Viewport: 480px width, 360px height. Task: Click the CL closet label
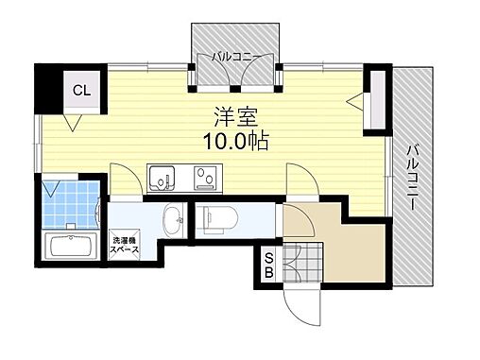(81, 91)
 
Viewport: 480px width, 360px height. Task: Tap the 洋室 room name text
(236, 117)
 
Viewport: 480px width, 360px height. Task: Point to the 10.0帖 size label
(236, 141)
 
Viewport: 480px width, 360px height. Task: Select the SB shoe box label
(268, 266)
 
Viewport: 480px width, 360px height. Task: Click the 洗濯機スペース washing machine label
(124, 246)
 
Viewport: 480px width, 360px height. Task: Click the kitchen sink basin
(162, 179)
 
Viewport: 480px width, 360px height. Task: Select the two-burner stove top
(205, 178)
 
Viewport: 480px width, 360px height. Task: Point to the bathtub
(71, 247)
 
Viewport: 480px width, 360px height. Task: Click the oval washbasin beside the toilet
(173, 220)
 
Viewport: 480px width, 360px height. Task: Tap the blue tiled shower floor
(71, 204)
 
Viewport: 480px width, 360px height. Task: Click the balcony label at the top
(235, 58)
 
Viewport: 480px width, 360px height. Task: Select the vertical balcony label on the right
(413, 178)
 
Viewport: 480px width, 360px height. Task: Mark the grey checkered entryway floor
(303, 262)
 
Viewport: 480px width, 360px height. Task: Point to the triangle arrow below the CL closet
(73, 122)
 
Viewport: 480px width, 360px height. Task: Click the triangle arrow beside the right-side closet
(355, 101)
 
